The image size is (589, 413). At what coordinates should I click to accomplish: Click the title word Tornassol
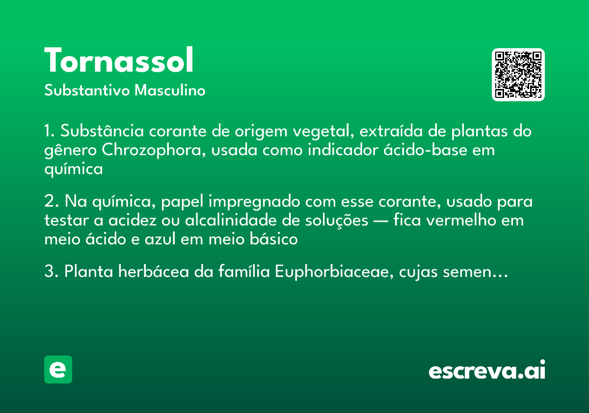click(x=119, y=61)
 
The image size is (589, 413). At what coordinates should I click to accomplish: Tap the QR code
click(x=518, y=75)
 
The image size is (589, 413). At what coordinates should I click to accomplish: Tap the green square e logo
click(x=58, y=369)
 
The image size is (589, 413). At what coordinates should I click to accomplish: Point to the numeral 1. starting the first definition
click(x=49, y=132)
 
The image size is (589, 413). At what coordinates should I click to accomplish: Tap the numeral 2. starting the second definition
click(x=51, y=202)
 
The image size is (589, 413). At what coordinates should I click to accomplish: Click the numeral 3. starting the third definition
click(x=51, y=272)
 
